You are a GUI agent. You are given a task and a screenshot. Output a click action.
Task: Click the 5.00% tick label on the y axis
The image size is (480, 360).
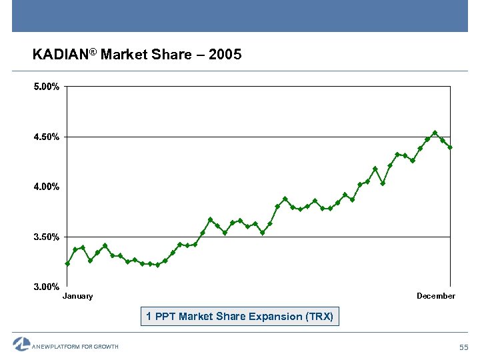click(47, 87)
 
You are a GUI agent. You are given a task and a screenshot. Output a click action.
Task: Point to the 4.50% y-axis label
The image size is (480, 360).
click(47, 137)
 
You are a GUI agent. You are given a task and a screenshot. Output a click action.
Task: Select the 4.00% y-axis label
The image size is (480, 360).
click(47, 187)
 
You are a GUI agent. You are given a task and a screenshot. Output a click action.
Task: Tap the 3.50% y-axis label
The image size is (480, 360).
click(47, 237)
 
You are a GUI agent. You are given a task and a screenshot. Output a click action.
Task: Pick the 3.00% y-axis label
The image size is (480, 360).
click(47, 287)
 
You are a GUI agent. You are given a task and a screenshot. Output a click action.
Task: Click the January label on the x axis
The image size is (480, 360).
click(78, 296)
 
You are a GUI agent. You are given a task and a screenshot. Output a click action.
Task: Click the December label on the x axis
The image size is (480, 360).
click(436, 296)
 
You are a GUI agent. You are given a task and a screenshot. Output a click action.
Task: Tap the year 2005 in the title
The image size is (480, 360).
click(225, 55)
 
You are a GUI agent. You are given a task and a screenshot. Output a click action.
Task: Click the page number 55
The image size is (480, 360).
click(465, 347)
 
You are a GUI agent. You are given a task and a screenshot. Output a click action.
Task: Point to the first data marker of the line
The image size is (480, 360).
click(67, 264)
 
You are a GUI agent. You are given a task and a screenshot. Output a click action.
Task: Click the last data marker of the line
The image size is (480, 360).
click(450, 147)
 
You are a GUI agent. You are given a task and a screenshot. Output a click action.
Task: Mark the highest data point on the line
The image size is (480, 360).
click(435, 133)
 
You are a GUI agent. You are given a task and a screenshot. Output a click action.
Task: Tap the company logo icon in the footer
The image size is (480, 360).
click(21, 344)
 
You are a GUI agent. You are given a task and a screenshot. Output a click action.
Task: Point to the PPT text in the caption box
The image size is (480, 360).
click(165, 316)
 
